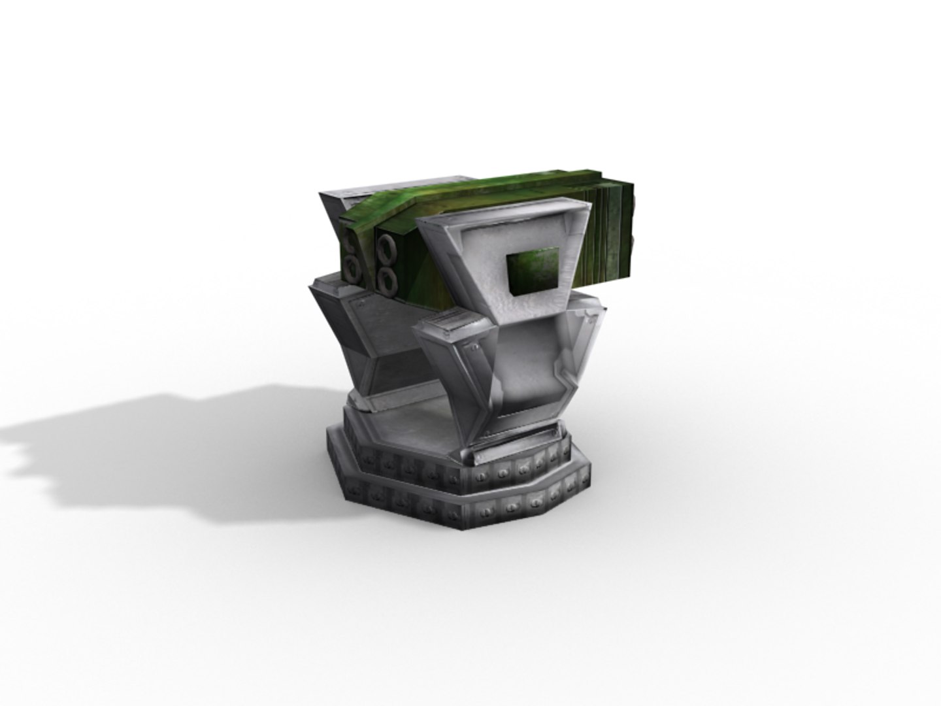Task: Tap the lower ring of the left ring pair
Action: [x=352, y=265]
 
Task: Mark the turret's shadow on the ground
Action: [x=131, y=445]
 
